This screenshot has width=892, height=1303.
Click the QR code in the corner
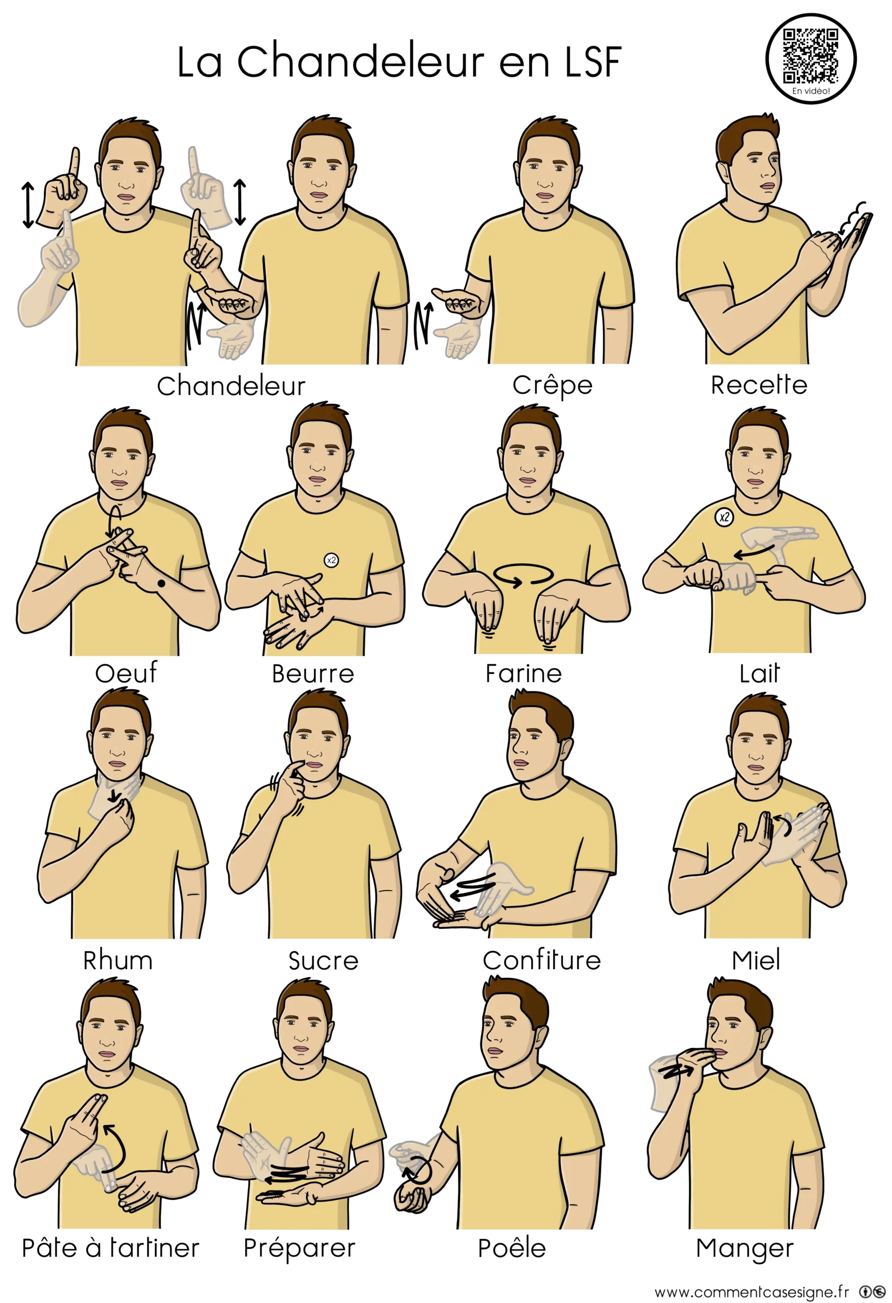pos(811,55)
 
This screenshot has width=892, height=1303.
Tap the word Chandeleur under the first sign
pos(231,386)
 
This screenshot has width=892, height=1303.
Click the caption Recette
pos(759,385)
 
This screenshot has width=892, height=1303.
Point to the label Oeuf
pos(126,673)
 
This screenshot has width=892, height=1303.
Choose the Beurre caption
pos(313,674)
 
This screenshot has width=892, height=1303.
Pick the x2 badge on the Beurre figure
pos(331,559)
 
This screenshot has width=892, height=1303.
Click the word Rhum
pos(118,960)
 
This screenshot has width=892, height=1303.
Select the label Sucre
pos(324,961)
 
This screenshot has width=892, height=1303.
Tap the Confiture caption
pos(541,960)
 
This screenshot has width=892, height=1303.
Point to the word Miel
pos(756,960)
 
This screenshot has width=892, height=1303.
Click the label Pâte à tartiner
pos(110,1248)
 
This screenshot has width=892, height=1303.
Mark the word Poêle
pos(512,1248)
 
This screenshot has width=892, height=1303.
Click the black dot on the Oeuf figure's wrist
pos(161,584)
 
